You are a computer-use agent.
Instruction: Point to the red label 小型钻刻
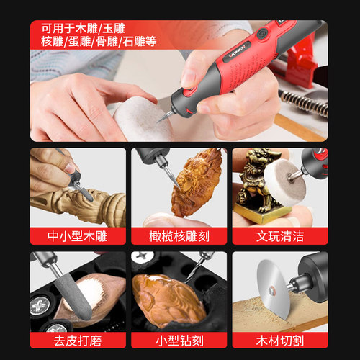[179, 339]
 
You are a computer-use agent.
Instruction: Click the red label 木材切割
[280, 339]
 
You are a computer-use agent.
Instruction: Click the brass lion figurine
[256, 180]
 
